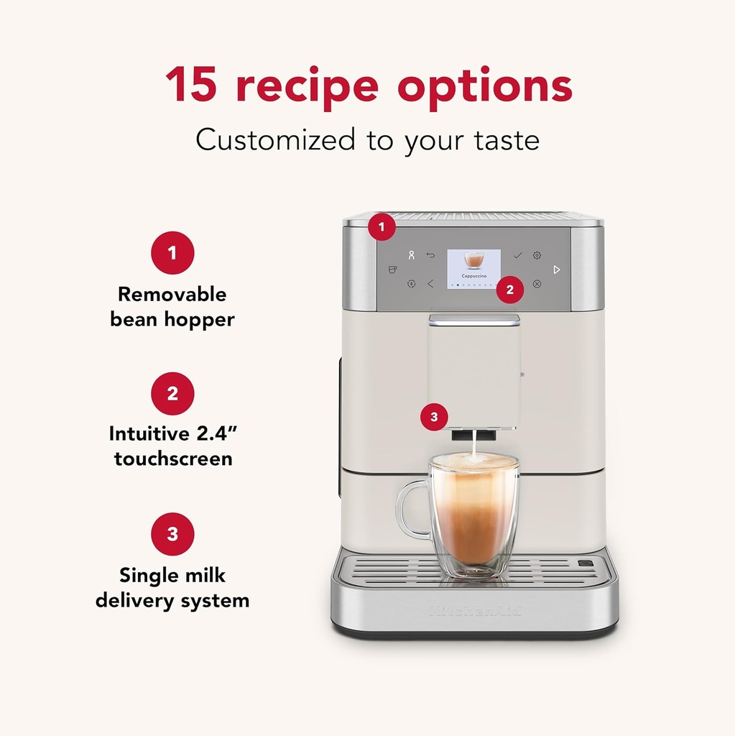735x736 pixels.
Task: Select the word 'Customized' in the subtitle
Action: pos(275,139)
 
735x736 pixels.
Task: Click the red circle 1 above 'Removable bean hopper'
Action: pos(172,252)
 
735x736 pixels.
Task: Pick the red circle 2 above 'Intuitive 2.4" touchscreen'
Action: pos(172,393)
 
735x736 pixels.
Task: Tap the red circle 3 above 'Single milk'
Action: pos(172,534)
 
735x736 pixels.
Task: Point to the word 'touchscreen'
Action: pos(172,459)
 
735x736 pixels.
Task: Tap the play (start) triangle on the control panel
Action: pos(556,270)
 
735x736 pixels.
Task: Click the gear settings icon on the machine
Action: pos(537,255)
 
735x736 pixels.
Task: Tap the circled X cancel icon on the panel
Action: pos(537,284)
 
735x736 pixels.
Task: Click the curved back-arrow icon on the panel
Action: pos(430,255)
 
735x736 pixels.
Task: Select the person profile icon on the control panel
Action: pos(411,255)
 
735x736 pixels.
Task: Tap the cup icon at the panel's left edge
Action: pos(392,270)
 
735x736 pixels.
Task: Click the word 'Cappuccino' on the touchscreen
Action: pos(473,276)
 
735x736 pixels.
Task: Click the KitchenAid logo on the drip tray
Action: pos(475,611)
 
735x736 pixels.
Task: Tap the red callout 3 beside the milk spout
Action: pos(434,416)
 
